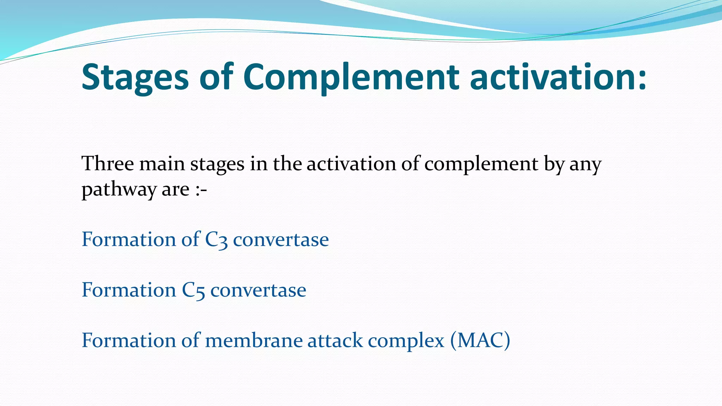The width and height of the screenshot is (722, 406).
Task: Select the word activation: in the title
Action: pos(558,77)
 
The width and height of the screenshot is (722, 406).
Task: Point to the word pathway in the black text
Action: pos(118,190)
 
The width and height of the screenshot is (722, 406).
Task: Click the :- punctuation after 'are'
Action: pos(201,190)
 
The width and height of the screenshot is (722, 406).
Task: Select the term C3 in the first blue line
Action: pos(216,240)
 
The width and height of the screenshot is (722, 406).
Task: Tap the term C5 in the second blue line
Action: pos(193,290)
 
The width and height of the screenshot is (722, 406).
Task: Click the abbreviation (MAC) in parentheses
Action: pos(480,341)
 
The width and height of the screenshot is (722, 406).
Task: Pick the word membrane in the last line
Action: pos(253,341)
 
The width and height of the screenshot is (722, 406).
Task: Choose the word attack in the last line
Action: pos(335,341)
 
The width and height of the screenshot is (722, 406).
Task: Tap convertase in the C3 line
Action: pos(281,240)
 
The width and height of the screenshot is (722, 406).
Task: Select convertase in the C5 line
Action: pos(258,290)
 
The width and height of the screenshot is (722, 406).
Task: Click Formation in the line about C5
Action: pos(129,290)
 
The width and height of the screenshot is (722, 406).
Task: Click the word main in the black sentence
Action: pos(162,164)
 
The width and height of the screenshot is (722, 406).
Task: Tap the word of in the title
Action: pos(216,77)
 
